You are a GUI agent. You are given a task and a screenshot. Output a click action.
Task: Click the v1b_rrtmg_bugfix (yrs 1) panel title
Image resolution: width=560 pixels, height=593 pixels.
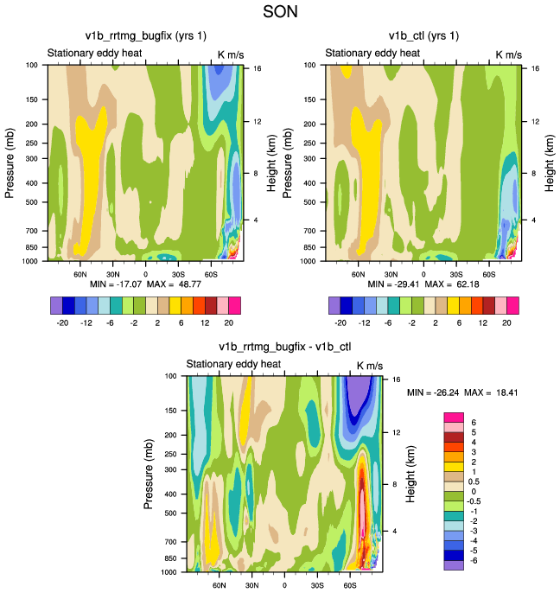click(145, 35)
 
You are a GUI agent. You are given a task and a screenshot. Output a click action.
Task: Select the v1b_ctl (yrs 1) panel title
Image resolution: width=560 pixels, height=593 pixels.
click(423, 35)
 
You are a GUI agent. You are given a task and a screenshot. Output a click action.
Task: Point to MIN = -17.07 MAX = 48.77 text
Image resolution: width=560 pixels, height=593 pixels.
click(145, 284)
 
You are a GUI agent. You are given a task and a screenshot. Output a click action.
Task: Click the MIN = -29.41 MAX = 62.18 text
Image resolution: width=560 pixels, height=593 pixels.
click(423, 284)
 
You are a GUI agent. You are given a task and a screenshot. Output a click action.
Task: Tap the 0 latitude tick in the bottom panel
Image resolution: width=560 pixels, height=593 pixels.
click(284, 584)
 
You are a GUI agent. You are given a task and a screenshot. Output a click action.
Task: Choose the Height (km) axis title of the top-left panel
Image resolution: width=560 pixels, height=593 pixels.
click(270, 162)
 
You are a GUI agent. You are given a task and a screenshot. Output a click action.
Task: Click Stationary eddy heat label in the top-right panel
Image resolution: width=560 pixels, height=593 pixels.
click(373, 54)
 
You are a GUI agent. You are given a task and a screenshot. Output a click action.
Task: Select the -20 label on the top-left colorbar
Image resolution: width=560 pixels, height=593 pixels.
click(63, 322)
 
